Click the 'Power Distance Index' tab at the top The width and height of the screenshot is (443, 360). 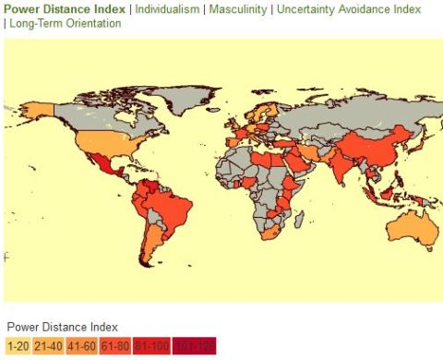tap(65, 8)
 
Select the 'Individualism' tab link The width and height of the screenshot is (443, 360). tap(170, 8)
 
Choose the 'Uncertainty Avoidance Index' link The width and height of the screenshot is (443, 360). tap(350, 8)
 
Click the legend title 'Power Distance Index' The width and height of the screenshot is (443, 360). tap(62, 327)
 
